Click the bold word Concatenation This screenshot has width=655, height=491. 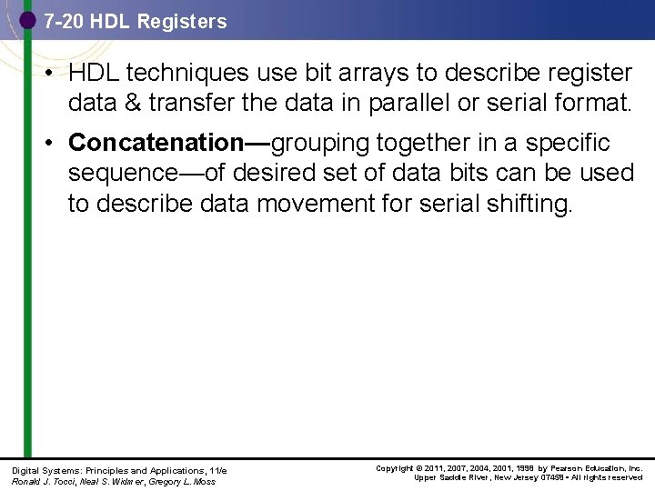tap(151, 143)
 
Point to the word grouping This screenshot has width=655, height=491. tap(320, 143)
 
